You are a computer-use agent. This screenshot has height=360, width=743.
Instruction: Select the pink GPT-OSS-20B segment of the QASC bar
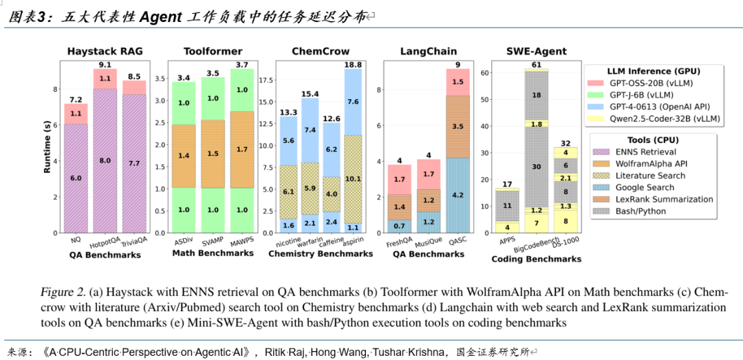click(457, 82)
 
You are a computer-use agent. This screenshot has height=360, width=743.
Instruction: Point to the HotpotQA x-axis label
click(102, 242)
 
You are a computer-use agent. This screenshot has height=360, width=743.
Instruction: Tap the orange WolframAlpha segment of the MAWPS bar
click(242, 149)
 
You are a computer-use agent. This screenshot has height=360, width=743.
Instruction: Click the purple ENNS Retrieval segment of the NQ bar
click(76, 178)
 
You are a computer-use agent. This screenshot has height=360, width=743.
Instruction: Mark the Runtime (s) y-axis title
click(48, 148)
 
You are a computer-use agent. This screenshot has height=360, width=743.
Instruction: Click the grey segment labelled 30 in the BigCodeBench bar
click(537, 166)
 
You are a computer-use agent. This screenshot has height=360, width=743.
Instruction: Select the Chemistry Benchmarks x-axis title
click(320, 253)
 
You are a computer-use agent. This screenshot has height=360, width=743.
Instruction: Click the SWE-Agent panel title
click(536, 51)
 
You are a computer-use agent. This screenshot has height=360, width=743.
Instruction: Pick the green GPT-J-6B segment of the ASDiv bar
click(184, 103)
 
